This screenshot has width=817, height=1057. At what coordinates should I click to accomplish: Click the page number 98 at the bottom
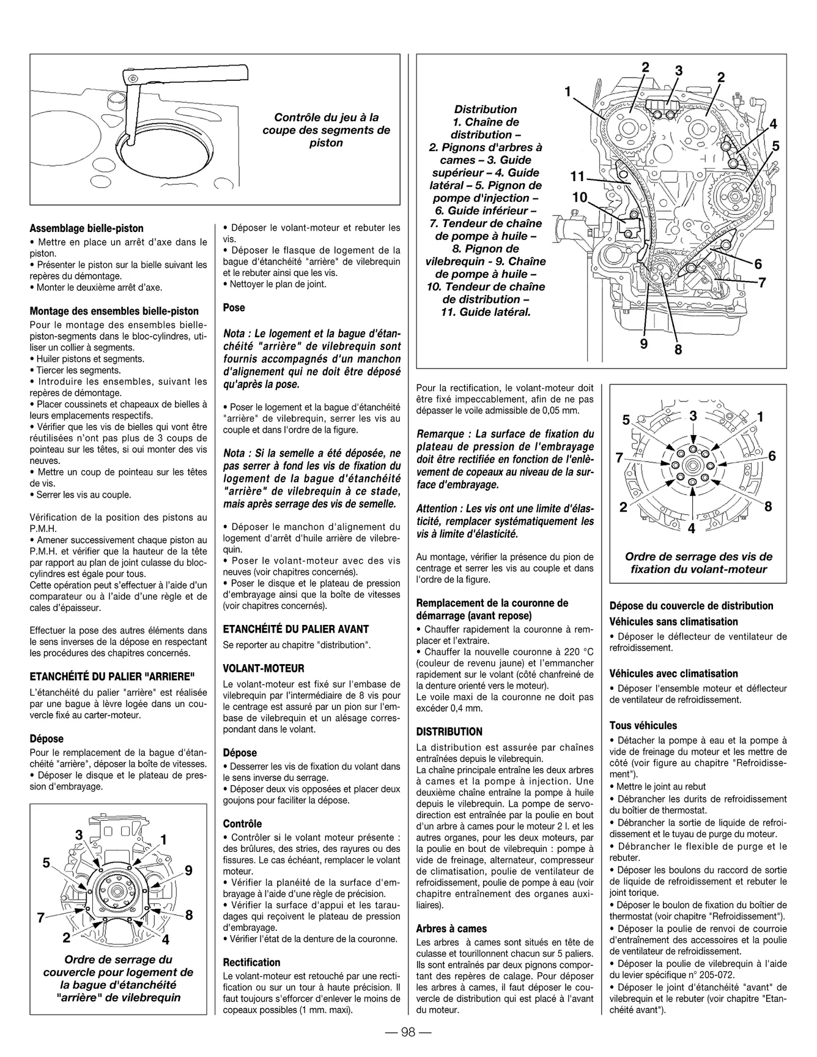pyautogui.click(x=408, y=1033)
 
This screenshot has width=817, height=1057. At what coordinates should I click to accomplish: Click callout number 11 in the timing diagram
pyautogui.click(x=577, y=177)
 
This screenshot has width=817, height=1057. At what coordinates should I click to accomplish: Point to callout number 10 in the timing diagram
pyautogui.click(x=580, y=198)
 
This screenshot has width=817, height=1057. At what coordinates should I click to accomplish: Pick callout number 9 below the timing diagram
pyautogui.click(x=644, y=344)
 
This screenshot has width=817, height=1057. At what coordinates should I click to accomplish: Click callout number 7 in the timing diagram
pyautogui.click(x=762, y=283)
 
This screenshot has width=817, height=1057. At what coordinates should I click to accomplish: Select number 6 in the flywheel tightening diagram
pyautogui.click(x=772, y=456)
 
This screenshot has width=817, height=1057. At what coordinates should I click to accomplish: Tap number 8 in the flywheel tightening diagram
pyautogui.click(x=769, y=506)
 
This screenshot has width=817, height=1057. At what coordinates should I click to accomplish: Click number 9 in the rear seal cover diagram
pyautogui.click(x=188, y=870)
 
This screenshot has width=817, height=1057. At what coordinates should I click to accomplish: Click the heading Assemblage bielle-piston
pyautogui.click(x=87, y=228)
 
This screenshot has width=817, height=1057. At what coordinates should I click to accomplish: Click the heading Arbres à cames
pyautogui.click(x=451, y=928)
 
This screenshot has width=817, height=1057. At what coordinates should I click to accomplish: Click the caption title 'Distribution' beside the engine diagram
pyautogui.click(x=486, y=110)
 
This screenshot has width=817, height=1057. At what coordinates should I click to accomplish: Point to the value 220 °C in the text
pyautogui.click(x=574, y=652)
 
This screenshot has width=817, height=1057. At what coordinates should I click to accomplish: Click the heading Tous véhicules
pyautogui.click(x=643, y=725)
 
